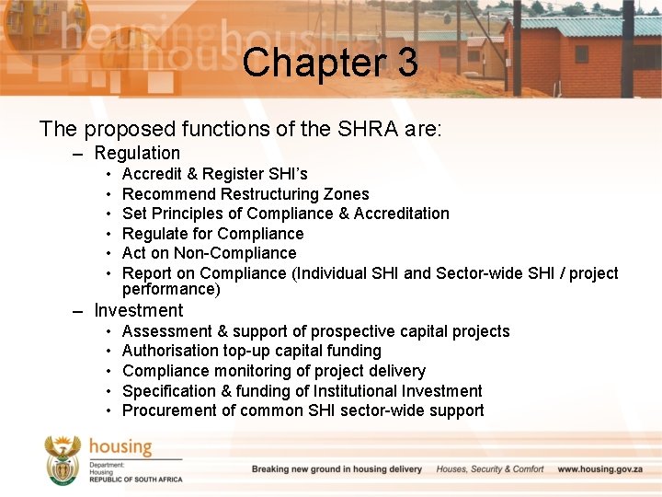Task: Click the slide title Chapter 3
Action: (x=330, y=63)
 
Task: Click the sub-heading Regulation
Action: (x=137, y=153)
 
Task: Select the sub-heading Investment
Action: (x=139, y=310)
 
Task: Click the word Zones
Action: (x=347, y=194)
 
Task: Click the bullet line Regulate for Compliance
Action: (x=212, y=234)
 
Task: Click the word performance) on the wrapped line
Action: (x=171, y=289)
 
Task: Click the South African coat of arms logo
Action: (x=63, y=460)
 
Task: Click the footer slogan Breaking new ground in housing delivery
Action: (x=337, y=469)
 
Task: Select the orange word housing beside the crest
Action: (x=120, y=447)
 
